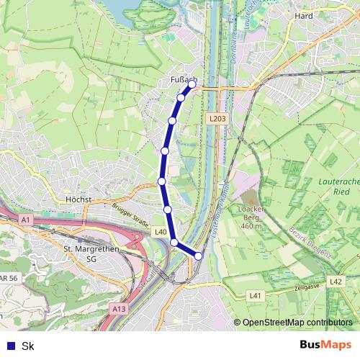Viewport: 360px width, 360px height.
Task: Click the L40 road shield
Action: point(161,232)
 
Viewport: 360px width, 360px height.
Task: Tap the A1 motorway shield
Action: point(26,218)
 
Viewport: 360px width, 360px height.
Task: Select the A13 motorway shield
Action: point(119,308)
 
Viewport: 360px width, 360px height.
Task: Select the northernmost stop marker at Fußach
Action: point(192,84)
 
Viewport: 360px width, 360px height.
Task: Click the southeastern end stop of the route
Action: point(199,254)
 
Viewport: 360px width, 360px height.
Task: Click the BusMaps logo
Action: point(325,345)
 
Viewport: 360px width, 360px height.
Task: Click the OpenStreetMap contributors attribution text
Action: point(297,323)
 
